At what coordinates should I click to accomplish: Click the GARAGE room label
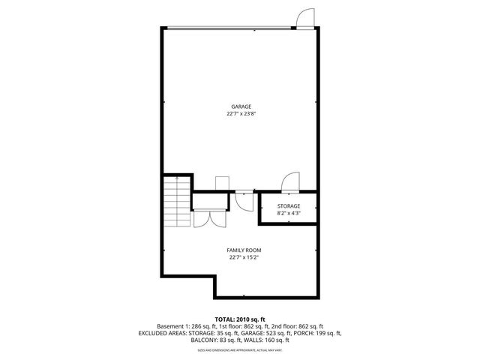[x=241, y=106]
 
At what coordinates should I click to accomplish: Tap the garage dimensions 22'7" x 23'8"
[x=241, y=114]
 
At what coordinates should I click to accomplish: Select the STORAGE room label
[x=288, y=205]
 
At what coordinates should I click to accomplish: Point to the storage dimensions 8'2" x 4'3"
[x=288, y=213]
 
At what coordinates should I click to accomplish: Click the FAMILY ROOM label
[x=244, y=250]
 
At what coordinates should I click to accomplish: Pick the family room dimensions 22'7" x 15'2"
[x=244, y=257]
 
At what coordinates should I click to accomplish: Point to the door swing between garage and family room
[x=244, y=199]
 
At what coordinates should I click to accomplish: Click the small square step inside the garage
[x=222, y=184]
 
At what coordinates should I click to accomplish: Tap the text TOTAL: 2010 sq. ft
[x=240, y=319]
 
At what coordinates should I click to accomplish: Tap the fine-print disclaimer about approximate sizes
[x=240, y=349]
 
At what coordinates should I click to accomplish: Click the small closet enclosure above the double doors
[x=210, y=201]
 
